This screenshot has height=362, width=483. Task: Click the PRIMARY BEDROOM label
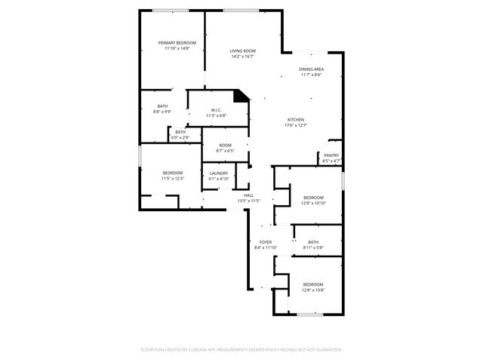click(x=177, y=43)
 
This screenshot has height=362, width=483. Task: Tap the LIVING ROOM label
click(x=243, y=51)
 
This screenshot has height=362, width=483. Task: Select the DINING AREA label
click(x=312, y=69)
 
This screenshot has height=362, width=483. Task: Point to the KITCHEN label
click(x=295, y=120)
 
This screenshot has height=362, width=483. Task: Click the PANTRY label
click(x=332, y=155)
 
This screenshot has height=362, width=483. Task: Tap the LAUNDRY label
click(x=219, y=173)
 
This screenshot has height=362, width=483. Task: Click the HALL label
click(x=248, y=195)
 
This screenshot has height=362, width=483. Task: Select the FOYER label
click(x=265, y=242)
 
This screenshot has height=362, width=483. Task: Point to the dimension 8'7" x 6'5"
click(x=225, y=151)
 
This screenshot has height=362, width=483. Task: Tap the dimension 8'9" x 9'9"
click(x=162, y=112)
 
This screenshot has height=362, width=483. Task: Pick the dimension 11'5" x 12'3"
click(x=173, y=179)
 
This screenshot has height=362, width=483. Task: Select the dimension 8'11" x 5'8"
click(x=313, y=247)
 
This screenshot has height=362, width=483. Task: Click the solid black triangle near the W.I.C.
click(x=241, y=96)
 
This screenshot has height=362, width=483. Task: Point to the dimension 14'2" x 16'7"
click(x=243, y=56)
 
